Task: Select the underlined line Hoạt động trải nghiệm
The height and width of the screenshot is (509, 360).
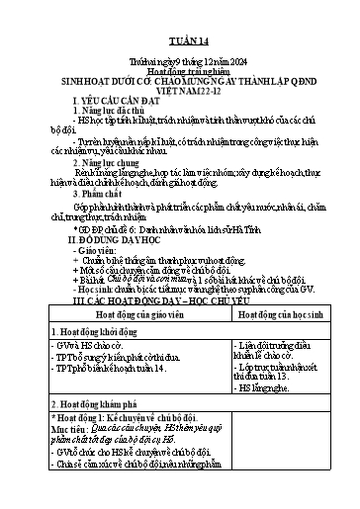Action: (x=179, y=73)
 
